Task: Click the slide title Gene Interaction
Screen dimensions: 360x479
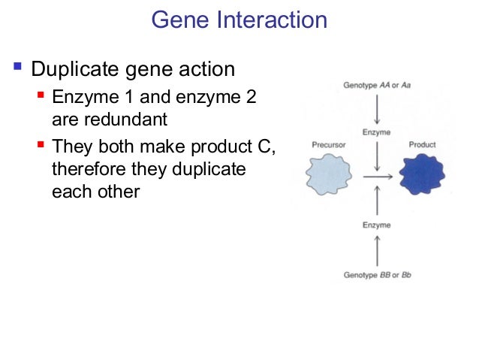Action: [x=239, y=20]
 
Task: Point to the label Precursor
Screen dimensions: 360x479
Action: [x=328, y=144]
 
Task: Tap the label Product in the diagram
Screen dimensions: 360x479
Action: [x=422, y=144]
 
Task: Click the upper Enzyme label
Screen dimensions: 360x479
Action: [x=375, y=132]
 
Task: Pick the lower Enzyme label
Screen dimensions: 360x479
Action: [x=375, y=225]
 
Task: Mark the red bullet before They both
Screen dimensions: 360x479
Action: [x=42, y=145]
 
